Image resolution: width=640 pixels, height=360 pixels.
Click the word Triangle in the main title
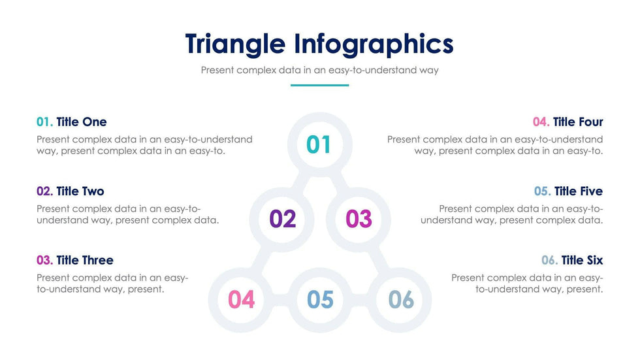[x=235, y=44]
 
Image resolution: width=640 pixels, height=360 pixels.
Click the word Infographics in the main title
[x=374, y=44]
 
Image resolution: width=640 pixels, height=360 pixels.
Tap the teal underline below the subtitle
[x=319, y=86]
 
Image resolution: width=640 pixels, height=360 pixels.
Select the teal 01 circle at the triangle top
[x=319, y=144]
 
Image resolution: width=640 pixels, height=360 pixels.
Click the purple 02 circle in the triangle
[x=282, y=220]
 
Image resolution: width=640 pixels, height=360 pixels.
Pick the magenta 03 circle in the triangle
[x=359, y=220]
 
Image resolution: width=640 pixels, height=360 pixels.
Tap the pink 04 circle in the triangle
[x=241, y=300]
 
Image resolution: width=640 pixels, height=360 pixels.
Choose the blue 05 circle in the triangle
[x=320, y=300]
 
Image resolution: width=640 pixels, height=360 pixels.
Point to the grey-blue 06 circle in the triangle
[x=400, y=300]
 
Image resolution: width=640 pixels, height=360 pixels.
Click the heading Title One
[x=82, y=122]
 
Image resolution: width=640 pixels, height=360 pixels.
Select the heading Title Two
[x=80, y=191]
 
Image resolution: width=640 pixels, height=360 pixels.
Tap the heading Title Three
[x=85, y=260]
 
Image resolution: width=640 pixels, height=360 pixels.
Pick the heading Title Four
[x=578, y=122]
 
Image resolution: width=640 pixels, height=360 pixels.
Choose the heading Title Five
[x=579, y=191]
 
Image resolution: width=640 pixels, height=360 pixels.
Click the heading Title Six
[x=582, y=260]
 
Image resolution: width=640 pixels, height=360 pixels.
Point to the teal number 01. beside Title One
[x=45, y=122]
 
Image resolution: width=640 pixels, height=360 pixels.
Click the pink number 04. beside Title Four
[x=541, y=122]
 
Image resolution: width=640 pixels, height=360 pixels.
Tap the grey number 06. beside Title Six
[x=550, y=260]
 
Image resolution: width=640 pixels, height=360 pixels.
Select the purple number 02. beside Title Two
[x=45, y=191]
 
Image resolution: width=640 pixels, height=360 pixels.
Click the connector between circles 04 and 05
[x=280, y=300]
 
